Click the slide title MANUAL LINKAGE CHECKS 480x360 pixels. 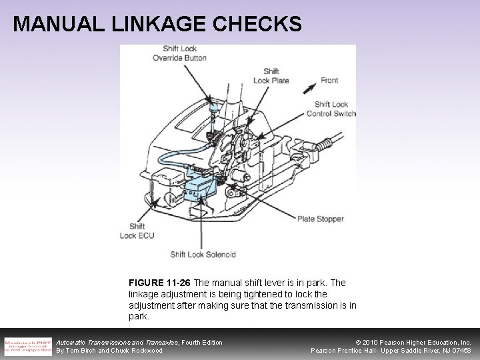coord(157,24)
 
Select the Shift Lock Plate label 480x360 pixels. coord(271,76)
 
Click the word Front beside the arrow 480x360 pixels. coord(329,81)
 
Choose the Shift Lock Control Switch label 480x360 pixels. coord(331,109)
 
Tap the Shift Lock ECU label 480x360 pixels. coord(137,231)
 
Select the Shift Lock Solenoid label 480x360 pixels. coord(202,254)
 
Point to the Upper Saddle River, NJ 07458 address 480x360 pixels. coord(427,351)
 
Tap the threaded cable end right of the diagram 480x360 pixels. coord(326,143)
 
